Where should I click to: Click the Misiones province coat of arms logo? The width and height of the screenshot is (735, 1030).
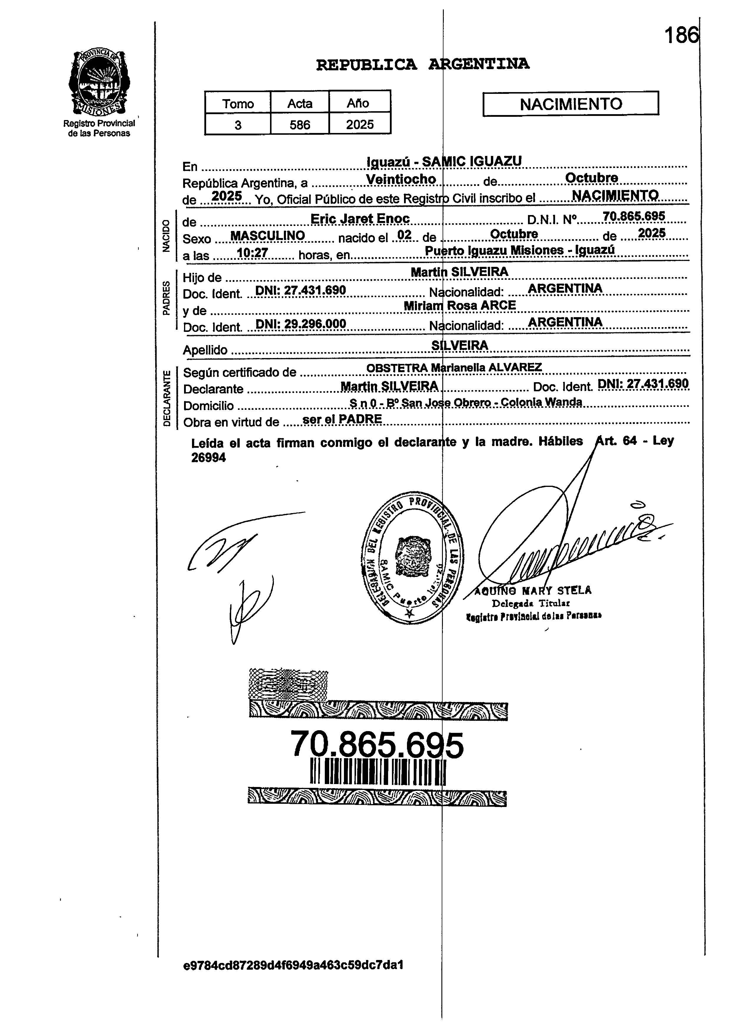99,83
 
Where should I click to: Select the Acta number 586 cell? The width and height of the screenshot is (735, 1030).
299,124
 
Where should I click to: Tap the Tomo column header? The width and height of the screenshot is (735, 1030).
238,104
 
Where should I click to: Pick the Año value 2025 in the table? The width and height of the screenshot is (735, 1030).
360,124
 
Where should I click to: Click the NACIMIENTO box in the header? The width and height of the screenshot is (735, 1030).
571,104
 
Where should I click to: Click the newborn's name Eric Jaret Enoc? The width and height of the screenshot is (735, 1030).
360,219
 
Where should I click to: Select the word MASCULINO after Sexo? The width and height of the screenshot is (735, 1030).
267,236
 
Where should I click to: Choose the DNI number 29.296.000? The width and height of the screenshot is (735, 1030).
301,324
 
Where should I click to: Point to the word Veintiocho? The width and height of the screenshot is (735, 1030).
401,179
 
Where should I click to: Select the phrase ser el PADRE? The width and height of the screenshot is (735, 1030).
342,419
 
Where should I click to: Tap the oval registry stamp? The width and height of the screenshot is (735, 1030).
412,558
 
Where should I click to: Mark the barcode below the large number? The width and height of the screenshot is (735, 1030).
378,773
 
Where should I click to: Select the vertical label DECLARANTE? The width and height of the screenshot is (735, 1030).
167,398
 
